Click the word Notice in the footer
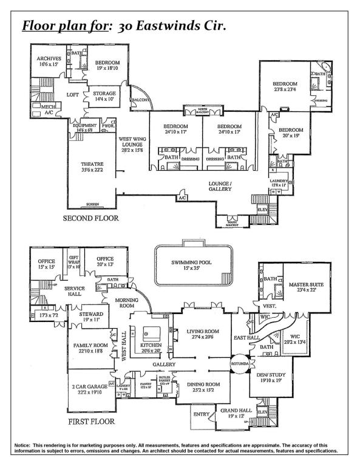(24, 446)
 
